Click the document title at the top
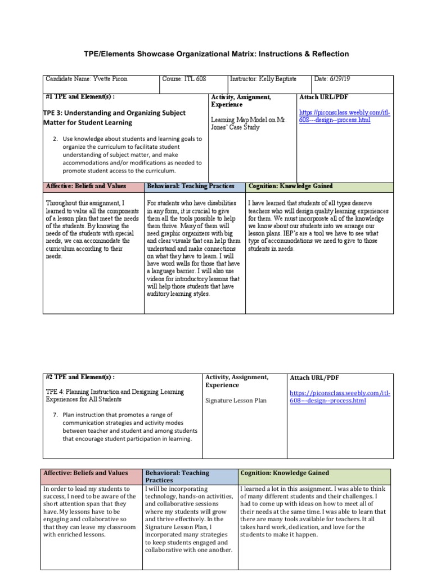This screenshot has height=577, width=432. pyautogui.click(x=215, y=54)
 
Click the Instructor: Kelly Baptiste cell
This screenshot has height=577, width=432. pyautogui.click(x=264, y=80)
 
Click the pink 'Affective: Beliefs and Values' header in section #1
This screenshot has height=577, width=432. pyautogui.click(x=85, y=186)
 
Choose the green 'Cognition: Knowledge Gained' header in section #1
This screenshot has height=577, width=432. pyautogui.click(x=290, y=186)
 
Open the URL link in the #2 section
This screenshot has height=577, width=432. pyautogui.click(x=340, y=396)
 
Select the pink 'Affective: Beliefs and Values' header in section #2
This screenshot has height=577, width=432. pyautogui.click(x=85, y=473)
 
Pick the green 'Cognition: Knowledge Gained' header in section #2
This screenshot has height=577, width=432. pyautogui.click(x=285, y=473)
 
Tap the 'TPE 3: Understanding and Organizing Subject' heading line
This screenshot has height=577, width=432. pyautogui.click(x=114, y=113)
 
